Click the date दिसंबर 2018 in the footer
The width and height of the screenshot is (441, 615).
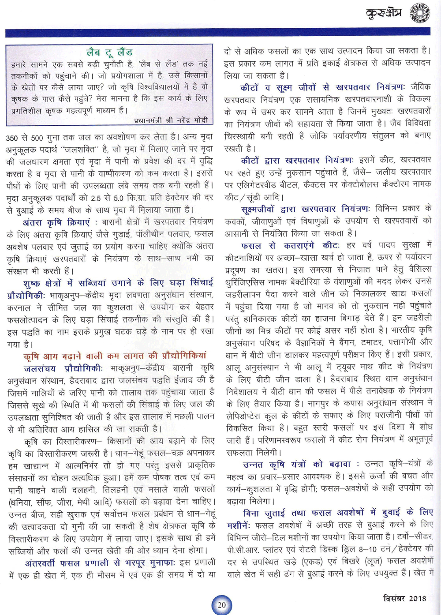(404, 598)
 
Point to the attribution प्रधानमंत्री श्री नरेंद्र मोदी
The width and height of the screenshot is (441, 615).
(170, 120)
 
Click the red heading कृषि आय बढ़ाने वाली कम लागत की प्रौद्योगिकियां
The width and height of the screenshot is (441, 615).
(115, 356)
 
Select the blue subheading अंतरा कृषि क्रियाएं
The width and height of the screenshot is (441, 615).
(56, 222)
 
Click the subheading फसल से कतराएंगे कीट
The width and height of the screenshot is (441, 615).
(290, 245)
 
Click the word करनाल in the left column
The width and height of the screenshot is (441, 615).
(19, 307)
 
